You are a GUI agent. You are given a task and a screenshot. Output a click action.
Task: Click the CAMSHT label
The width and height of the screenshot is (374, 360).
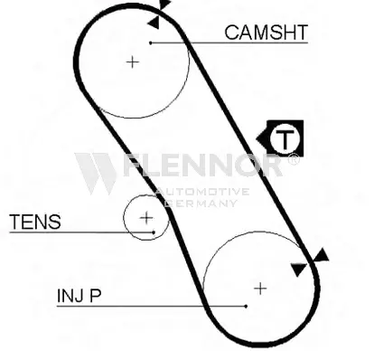[266, 33]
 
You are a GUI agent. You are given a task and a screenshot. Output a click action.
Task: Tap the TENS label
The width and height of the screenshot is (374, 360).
[35, 222]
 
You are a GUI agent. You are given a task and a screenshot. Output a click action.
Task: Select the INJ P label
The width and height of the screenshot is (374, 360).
[79, 296]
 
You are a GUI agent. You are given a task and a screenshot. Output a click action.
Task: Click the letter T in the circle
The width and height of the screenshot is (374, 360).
[285, 140]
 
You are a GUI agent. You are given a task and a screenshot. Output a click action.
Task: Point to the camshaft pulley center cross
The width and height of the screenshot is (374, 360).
[133, 62]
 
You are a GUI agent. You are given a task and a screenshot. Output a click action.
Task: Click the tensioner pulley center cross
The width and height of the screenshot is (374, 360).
[146, 218]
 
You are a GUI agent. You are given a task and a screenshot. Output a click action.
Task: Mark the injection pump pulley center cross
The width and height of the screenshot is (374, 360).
[260, 289]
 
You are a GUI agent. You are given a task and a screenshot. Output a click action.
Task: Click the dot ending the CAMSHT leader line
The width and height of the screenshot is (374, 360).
[151, 43]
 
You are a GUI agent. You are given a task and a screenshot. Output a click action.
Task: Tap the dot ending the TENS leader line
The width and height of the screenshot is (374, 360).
[154, 232]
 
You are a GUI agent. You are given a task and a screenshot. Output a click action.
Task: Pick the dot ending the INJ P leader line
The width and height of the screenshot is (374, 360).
[246, 306]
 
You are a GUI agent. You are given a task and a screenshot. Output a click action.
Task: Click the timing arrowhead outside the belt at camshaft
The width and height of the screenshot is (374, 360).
[164, 5]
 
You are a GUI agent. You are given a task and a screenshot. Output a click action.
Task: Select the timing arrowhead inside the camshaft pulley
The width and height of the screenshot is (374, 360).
[154, 23]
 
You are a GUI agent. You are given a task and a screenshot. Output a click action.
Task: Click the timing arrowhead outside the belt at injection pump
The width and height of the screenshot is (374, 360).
[321, 256]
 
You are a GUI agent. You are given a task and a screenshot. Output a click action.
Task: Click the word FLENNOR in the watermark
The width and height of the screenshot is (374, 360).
[203, 165]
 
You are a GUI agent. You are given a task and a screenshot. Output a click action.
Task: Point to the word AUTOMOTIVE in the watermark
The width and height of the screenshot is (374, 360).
[203, 192]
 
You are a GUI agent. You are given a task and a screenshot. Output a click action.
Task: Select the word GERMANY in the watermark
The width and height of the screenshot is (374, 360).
[201, 204]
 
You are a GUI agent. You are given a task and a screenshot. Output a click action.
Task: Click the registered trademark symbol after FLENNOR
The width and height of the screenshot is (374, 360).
[294, 159]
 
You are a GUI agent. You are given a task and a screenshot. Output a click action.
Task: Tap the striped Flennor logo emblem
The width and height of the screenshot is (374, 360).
[96, 174]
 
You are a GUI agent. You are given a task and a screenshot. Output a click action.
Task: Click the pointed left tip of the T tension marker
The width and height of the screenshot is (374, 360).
[257, 139]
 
